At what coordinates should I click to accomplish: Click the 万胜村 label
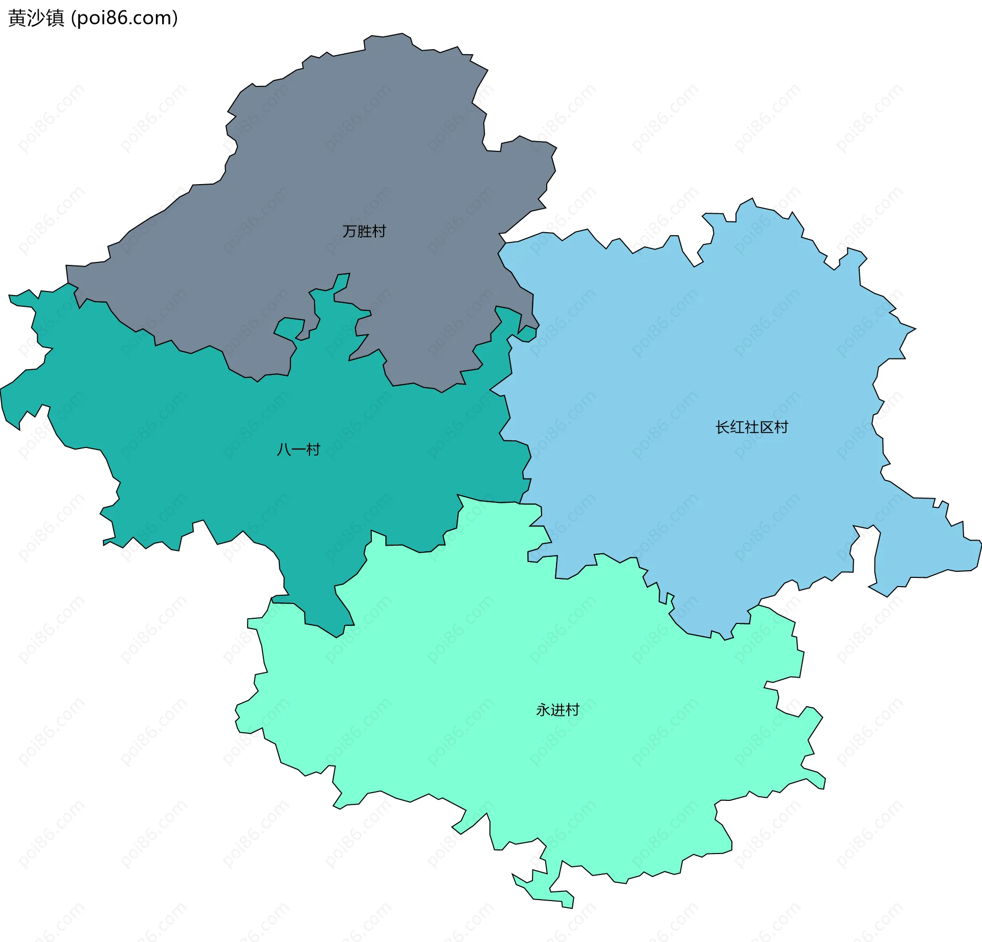coord(364,232)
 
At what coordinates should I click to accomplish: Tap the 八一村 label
coord(298,450)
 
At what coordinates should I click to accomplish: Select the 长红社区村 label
coord(751,427)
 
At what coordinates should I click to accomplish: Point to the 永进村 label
coord(557,710)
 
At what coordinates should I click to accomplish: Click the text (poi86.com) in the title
coord(125,18)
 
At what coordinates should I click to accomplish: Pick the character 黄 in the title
coord(17,18)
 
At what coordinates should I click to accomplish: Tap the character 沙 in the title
coord(36,18)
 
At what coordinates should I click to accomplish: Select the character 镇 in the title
coord(55,18)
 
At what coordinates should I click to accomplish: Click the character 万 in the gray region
coord(349,232)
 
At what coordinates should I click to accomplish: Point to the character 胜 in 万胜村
coord(364,232)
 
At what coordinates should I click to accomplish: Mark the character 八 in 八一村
coord(284,450)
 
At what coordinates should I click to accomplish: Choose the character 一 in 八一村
coord(298,450)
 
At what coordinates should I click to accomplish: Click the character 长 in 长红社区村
coord(722,427)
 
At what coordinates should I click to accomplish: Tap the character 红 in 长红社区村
coord(737,427)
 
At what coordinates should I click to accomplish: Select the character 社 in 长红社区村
coord(751,427)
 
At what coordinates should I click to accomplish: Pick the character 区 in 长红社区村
coord(766,427)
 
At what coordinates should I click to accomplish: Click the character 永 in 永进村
coord(543,710)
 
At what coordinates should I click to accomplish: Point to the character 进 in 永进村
coord(557,710)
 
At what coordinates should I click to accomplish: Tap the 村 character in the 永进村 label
coord(572,710)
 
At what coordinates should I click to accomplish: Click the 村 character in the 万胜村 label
coord(379,232)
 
